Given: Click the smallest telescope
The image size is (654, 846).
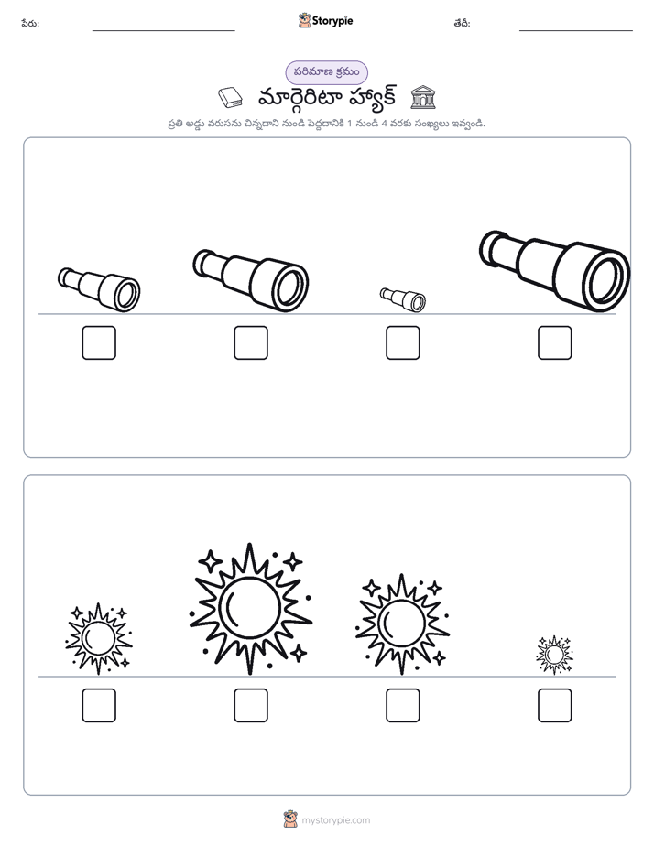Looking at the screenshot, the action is click(x=402, y=299).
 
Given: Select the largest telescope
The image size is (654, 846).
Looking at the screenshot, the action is click(x=555, y=271).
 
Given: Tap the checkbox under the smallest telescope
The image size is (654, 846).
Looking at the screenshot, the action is click(x=402, y=342).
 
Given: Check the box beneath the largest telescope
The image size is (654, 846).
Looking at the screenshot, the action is click(x=555, y=342).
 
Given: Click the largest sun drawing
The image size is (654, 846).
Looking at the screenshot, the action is click(x=251, y=609).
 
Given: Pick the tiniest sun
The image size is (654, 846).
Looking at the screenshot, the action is click(x=554, y=655).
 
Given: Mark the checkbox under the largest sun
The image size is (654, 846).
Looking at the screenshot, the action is click(x=251, y=705).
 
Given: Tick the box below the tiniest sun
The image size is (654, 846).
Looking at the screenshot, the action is click(x=555, y=705).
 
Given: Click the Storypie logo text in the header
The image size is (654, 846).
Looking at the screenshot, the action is click(x=332, y=21).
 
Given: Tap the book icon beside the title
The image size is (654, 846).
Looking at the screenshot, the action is click(x=231, y=98).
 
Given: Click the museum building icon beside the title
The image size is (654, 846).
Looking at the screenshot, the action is click(x=423, y=97).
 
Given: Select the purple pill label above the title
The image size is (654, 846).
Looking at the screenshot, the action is click(x=326, y=72).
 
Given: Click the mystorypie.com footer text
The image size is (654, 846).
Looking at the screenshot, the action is click(x=335, y=820).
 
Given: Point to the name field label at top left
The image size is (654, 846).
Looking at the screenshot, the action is click(x=30, y=23).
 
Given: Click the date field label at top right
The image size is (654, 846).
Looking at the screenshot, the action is click(x=462, y=23).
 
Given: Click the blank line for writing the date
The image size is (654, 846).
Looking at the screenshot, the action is click(x=576, y=31).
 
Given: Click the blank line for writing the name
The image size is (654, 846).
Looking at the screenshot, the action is click(x=163, y=31).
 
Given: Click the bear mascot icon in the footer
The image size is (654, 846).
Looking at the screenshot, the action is click(x=290, y=819).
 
